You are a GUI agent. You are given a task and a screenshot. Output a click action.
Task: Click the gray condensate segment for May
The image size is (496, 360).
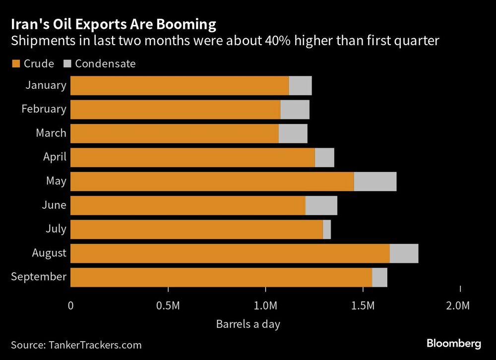click(x=375, y=181)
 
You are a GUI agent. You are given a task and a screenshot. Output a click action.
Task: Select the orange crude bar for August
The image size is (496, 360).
click(x=230, y=253)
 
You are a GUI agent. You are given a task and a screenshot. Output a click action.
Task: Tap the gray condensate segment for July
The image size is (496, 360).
click(x=327, y=230)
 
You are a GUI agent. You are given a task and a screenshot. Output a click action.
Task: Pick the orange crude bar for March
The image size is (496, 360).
click(x=174, y=133)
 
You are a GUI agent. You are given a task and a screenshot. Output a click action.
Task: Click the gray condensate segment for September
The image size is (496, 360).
click(x=379, y=277)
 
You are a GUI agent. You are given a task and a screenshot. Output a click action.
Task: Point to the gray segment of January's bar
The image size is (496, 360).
click(x=300, y=86)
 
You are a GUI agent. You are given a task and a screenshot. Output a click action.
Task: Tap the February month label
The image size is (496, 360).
click(x=44, y=109)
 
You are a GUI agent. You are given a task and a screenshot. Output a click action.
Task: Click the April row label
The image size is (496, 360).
click(x=55, y=157)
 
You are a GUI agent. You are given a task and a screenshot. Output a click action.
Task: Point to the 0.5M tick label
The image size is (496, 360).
click(x=168, y=305)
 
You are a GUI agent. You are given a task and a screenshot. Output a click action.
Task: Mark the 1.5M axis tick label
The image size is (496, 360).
click(x=363, y=305)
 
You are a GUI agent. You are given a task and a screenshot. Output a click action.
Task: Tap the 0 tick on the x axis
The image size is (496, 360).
click(x=71, y=305)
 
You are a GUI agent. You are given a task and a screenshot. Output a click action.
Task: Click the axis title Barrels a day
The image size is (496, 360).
click(x=248, y=325)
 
